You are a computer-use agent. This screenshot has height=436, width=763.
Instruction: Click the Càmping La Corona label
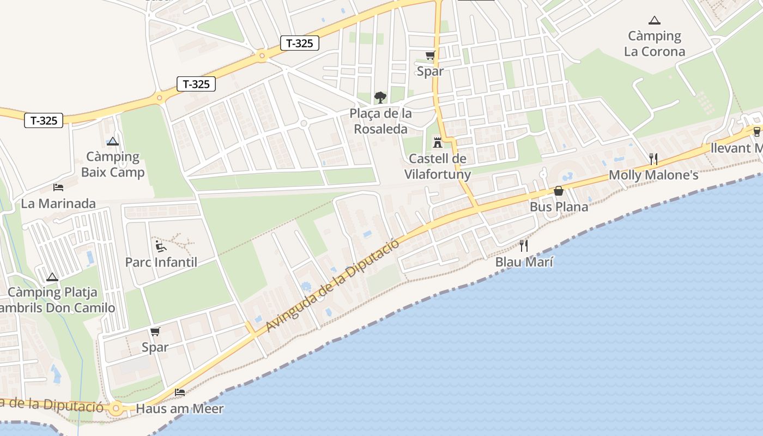click(x=654, y=44)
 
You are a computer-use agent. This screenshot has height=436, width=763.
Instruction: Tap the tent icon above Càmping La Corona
click(x=654, y=21)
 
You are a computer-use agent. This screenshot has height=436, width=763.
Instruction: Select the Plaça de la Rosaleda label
click(x=381, y=121)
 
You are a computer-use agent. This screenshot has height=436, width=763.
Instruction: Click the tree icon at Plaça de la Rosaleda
click(x=380, y=98)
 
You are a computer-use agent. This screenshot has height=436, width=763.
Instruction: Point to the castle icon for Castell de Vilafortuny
click(x=437, y=143)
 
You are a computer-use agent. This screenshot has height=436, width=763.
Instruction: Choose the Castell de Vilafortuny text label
click(x=437, y=166)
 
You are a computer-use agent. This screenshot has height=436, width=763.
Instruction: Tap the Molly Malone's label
click(x=653, y=175)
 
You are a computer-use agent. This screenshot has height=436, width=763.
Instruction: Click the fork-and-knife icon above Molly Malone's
click(x=653, y=159)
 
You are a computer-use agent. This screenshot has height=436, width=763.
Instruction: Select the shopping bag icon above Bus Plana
click(x=559, y=191)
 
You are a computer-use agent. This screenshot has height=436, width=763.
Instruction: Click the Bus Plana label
click(x=559, y=207)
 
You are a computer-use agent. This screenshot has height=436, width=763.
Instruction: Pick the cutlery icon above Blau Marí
click(x=524, y=246)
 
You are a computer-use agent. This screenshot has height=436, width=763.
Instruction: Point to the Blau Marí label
click(x=524, y=262)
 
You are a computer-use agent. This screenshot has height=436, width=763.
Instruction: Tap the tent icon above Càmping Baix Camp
click(x=113, y=142)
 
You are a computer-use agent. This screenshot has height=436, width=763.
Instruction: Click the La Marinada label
click(x=58, y=204)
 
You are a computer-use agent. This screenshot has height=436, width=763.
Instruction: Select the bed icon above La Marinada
click(x=58, y=187)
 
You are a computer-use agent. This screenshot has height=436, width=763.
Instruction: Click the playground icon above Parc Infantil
click(x=161, y=246)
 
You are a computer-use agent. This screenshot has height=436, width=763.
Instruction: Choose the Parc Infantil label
click(x=161, y=262)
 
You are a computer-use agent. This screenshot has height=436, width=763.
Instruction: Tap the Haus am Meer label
click(x=180, y=409)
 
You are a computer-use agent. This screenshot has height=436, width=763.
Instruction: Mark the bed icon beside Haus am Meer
click(x=180, y=392)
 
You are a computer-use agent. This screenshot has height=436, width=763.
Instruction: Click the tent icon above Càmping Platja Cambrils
click(x=52, y=277)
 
